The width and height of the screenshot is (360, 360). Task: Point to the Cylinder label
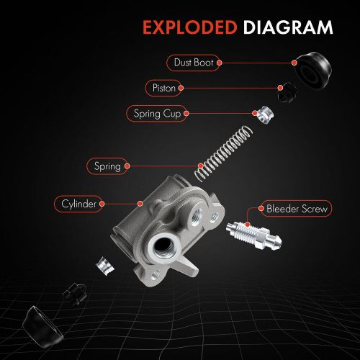[79, 204]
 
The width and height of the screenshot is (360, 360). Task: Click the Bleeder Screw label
[296, 210]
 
